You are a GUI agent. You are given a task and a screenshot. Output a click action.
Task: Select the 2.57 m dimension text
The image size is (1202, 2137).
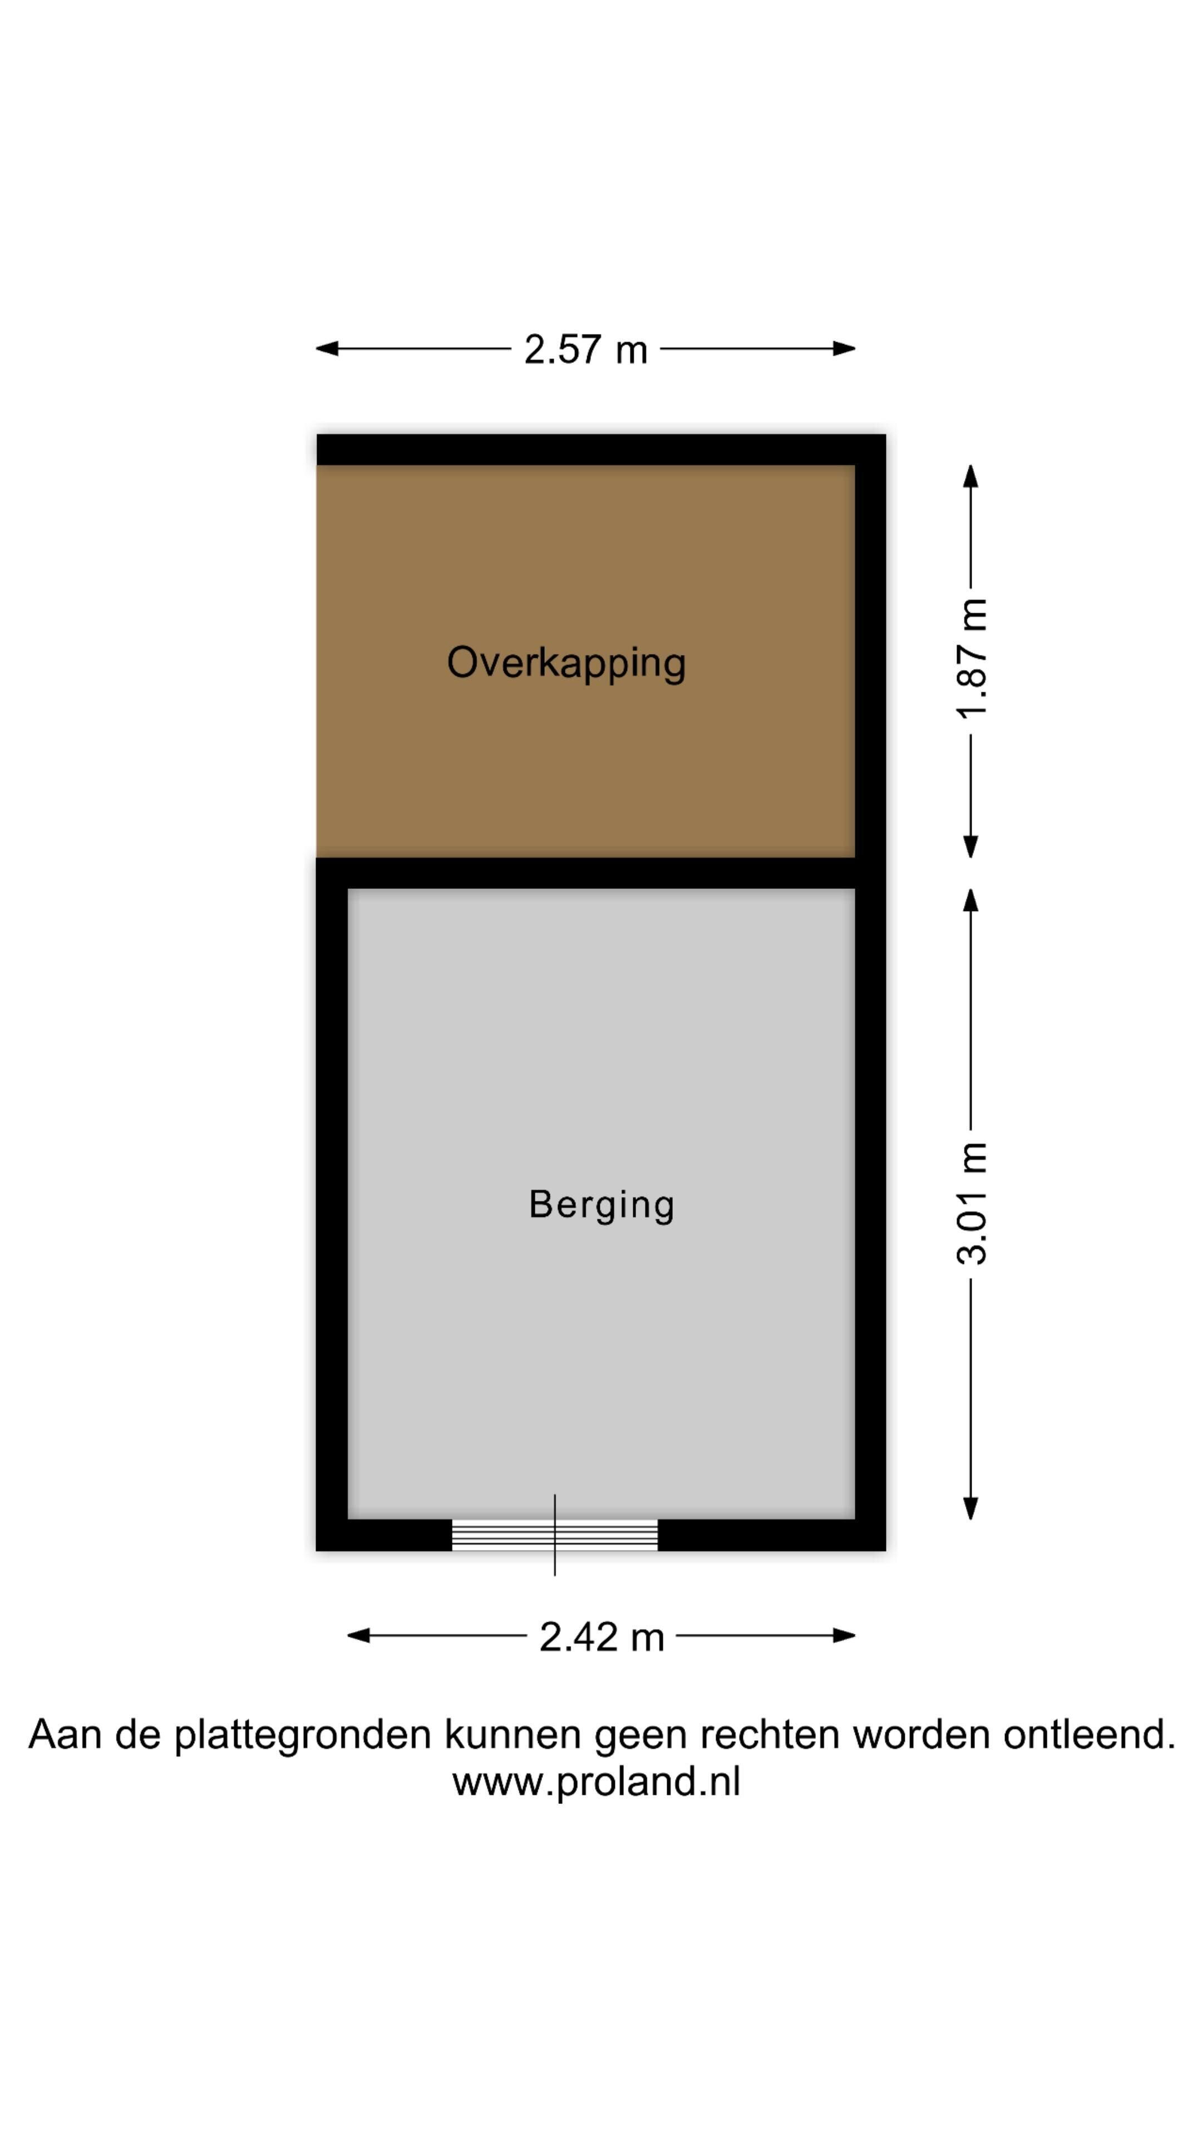[585, 349]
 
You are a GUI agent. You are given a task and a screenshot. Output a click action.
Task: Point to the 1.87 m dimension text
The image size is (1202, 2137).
[972, 658]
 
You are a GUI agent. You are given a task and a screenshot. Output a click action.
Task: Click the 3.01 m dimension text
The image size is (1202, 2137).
[972, 1203]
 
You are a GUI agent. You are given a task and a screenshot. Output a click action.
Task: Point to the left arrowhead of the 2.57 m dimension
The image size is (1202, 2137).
[327, 348]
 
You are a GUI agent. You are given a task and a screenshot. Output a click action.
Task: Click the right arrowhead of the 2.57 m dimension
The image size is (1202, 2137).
[845, 348]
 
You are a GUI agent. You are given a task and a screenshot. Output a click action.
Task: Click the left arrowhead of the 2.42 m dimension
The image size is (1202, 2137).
[358, 1636]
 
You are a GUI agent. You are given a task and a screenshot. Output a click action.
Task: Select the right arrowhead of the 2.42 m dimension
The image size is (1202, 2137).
[845, 1636]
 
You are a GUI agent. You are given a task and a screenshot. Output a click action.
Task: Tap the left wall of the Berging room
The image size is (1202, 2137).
[332, 1204]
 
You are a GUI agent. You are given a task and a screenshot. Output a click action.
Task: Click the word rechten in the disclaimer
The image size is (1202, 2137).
[770, 1734]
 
